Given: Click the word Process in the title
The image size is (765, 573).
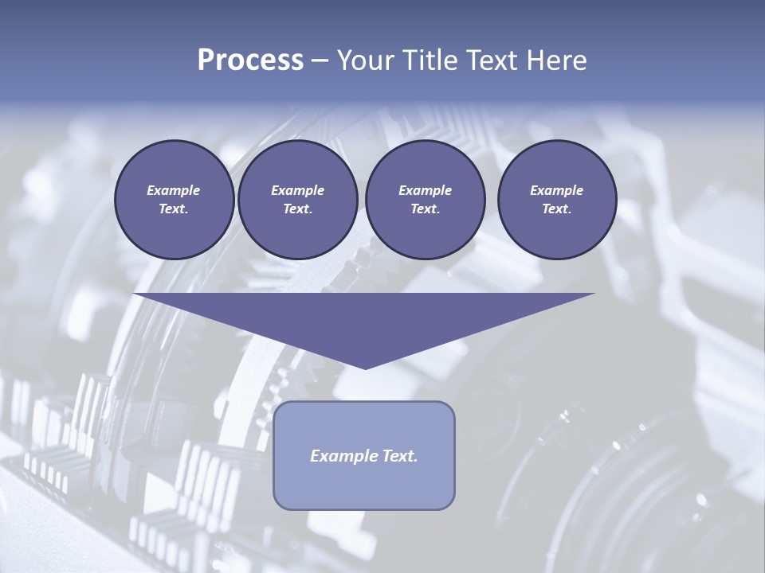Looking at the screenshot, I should [250, 60].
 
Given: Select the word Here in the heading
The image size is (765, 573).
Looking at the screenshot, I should [556, 60].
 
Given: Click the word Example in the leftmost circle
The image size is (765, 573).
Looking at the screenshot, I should [174, 190].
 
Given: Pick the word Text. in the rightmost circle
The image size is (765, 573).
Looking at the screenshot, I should [556, 209].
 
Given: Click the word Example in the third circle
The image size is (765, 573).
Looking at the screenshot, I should [425, 190].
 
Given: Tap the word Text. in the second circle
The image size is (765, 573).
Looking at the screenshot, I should [297, 209].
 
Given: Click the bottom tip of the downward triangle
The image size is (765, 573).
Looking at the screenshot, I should [365, 367].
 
